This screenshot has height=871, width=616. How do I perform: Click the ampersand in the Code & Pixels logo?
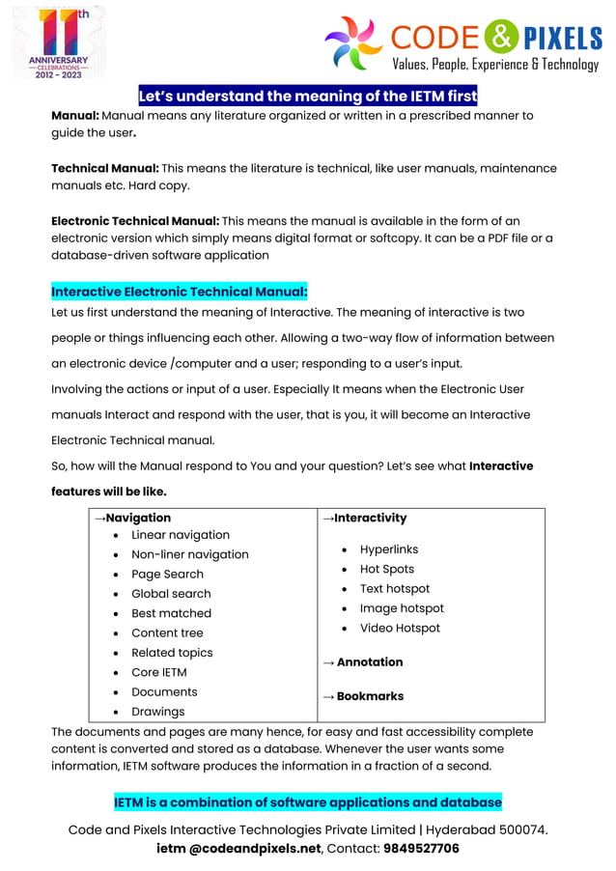pos(501,38)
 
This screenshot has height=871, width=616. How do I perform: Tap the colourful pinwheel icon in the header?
pos(353,42)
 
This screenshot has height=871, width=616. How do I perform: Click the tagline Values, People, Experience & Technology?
pos(495,65)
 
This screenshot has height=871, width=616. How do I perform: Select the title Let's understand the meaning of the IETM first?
pos(308,96)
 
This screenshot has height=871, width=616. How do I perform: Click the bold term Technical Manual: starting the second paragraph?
pos(105,168)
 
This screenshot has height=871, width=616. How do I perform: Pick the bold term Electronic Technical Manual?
pos(135,221)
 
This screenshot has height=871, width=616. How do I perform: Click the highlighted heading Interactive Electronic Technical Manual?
pos(180,292)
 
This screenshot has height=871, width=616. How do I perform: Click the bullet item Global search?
pos(171,594)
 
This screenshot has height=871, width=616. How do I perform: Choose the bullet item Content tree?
pos(167,633)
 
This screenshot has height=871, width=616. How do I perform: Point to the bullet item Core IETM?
pos(159,672)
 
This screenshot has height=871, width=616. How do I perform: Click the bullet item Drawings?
pos(158,712)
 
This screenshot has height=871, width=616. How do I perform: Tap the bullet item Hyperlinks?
pos(389,549)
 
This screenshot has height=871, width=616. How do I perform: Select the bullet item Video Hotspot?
pos(400,628)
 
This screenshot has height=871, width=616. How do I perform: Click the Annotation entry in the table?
pos(363,662)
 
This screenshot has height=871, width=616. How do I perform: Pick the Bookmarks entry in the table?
pos(363,696)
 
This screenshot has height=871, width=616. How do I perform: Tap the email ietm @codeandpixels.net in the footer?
pos(238,849)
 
